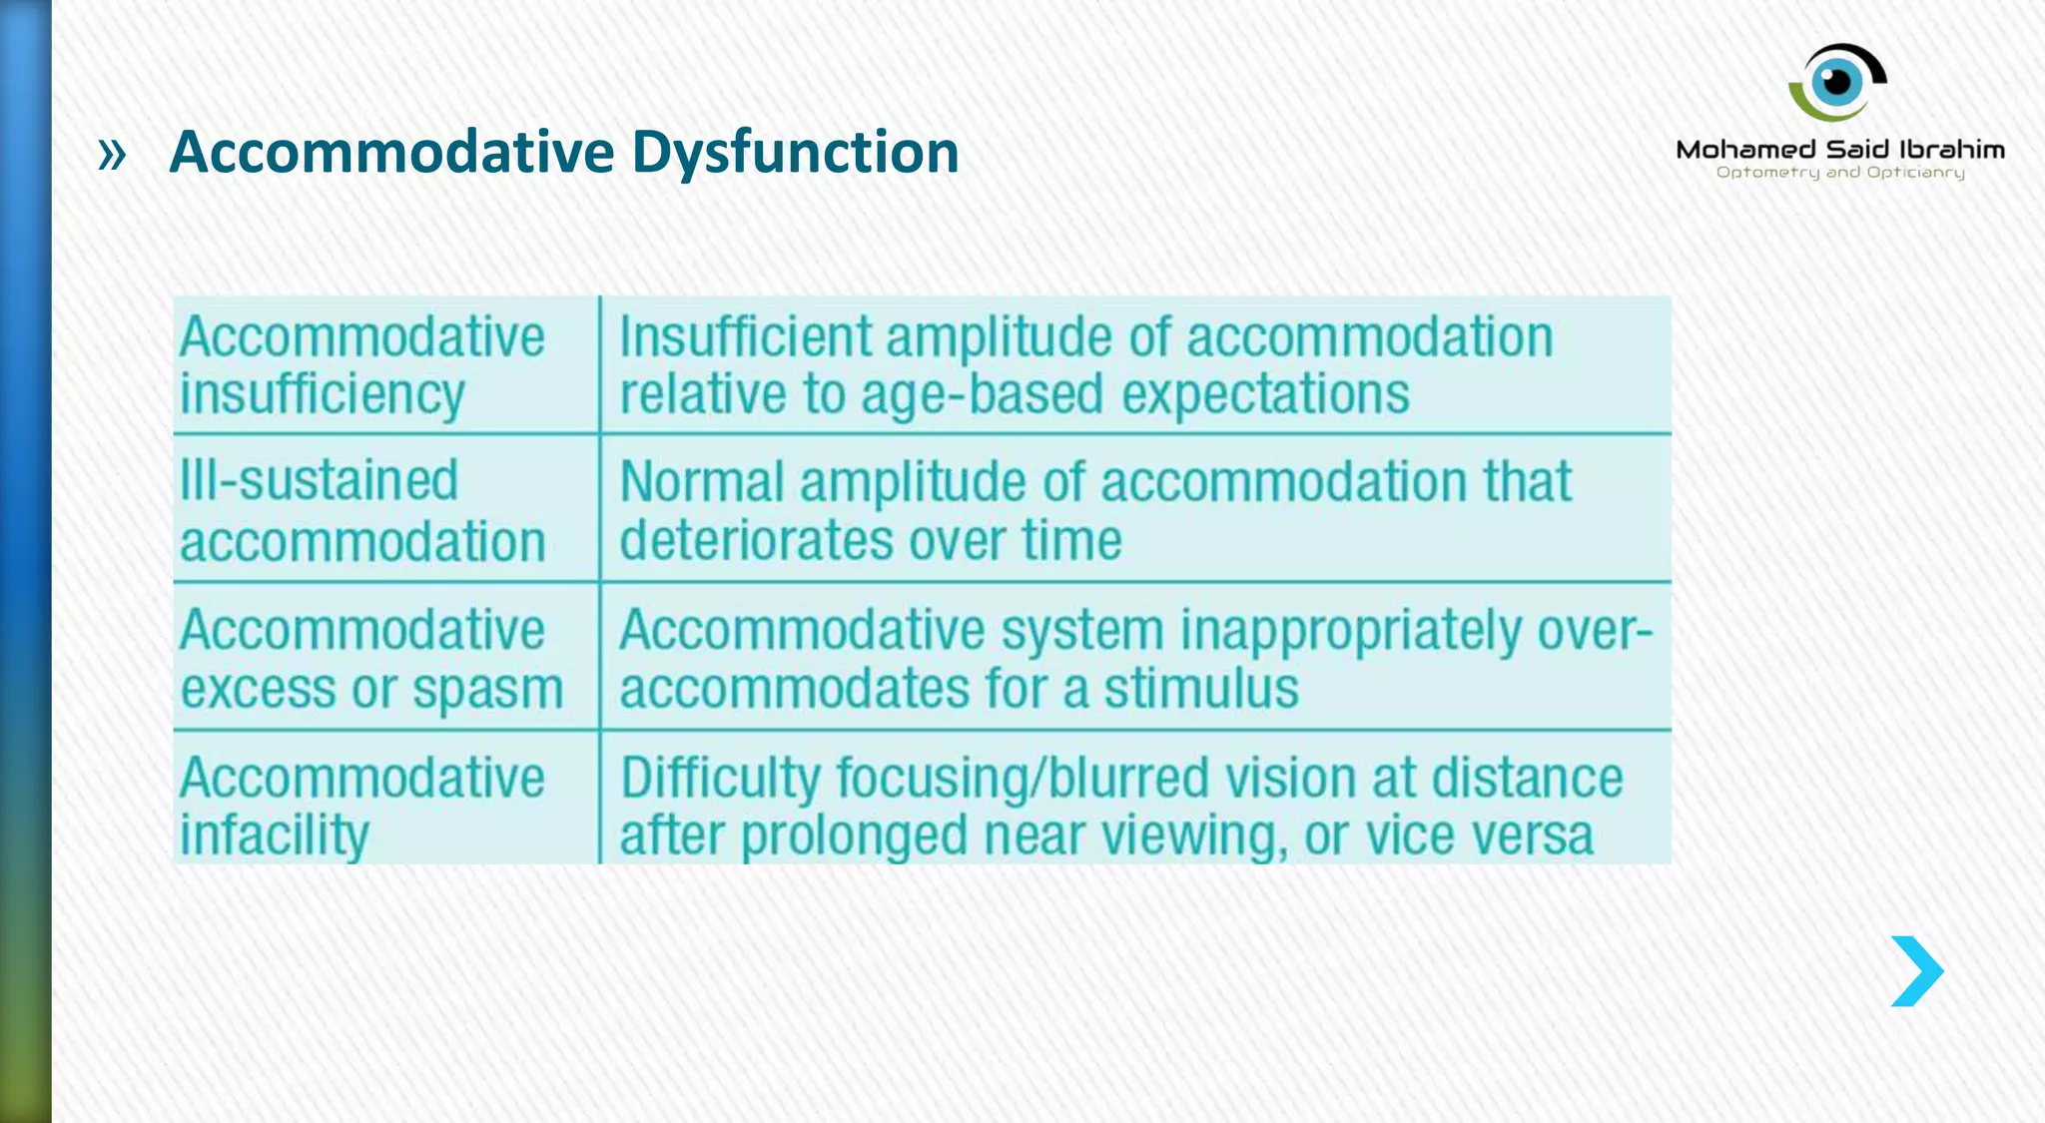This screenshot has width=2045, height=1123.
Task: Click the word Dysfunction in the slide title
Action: pos(795,153)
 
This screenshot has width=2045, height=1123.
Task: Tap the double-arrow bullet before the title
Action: pos(113,155)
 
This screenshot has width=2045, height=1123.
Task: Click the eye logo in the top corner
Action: pos(1837,82)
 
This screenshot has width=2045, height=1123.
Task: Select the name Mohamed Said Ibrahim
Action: pos(1840,150)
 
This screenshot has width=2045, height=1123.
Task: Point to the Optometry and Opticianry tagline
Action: pos(1840,173)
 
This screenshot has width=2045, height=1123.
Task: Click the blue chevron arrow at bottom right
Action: pos(1916,971)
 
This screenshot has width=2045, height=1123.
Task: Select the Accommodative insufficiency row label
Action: pos(361,365)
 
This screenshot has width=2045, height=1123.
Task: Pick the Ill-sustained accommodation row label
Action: pos(361,511)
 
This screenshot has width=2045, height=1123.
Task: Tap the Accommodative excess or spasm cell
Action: pos(371,659)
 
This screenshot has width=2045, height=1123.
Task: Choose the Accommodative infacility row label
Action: pos(361,806)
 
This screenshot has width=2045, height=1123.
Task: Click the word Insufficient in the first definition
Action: pos(745,336)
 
